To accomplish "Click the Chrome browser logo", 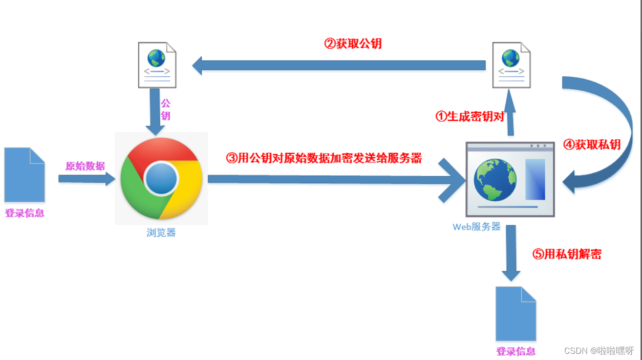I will [161, 178].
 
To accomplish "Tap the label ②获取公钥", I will [353, 44].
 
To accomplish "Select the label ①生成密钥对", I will [469, 117].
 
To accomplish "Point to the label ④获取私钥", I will [591, 145].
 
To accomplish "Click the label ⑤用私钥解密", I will [567, 254].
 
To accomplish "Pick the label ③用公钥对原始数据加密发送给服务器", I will [324, 158].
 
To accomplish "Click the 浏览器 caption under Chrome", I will [161, 232].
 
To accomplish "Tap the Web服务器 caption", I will [476, 227].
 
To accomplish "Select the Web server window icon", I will [510, 179].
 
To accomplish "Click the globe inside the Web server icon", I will [495, 179].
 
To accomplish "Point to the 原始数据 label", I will [85, 166].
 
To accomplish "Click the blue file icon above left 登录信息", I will [25, 175].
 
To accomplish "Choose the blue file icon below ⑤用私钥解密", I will [516, 313].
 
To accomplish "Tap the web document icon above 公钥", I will [157, 65].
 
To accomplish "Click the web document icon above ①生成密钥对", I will [511, 65].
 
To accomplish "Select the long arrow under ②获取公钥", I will [338, 66].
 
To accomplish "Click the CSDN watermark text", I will [598, 350].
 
